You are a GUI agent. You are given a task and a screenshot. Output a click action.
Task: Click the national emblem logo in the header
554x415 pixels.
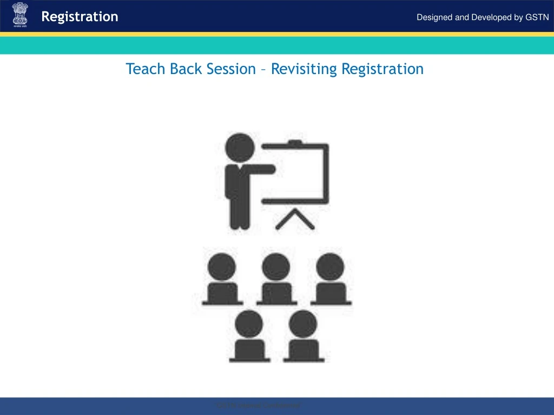pyautogui.click(x=19, y=16)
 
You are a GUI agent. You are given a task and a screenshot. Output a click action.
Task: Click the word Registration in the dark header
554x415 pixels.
pyautogui.click(x=80, y=17)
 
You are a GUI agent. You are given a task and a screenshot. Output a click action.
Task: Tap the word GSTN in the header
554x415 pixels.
pyautogui.click(x=537, y=17)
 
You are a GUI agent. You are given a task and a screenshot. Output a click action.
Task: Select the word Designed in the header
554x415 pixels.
pyautogui.click(x=434, y=17)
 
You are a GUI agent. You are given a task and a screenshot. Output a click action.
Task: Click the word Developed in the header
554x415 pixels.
pyautogui.click(x=491, y=17)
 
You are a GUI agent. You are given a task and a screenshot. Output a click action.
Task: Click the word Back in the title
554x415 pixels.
pyautogui.click(x=187, y=69)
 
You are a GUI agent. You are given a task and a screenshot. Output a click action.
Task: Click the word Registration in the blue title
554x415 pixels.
pyautogui.click(x=382, y=69)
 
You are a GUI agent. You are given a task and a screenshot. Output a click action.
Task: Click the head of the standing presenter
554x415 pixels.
pyautogui.click(x=239, y=146)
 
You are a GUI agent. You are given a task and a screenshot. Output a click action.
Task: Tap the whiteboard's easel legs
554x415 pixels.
pyautogui.click(x=295, y=219)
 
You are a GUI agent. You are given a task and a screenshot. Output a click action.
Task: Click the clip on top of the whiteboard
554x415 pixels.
pyautogui.click(x=295, y=143)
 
